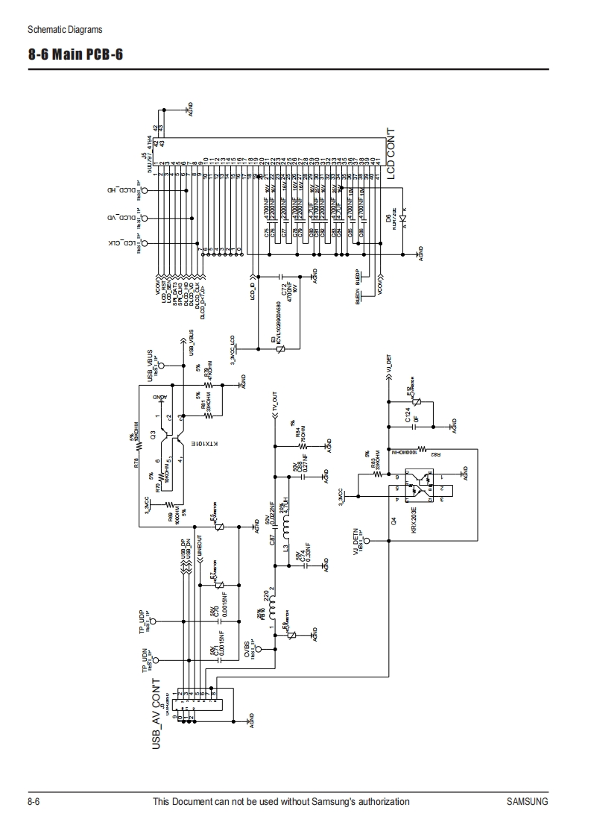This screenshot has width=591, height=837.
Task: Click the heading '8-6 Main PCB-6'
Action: (x=75, y=55)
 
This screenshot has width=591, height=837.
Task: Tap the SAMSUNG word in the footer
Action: (x=527, y=802)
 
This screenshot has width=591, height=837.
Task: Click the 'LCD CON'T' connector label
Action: (x=392, y=153)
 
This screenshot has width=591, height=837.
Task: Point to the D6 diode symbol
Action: (x=403, y=221)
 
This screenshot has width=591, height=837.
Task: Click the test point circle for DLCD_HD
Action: (x=145, y=191)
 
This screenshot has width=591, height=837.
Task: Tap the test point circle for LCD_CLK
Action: (x=145, y=244)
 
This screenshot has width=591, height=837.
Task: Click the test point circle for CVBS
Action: (x=258, y=649)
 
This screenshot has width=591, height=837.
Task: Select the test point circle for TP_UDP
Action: (x=163, y=620)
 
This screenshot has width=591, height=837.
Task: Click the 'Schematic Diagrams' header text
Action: (x=65, y=30)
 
